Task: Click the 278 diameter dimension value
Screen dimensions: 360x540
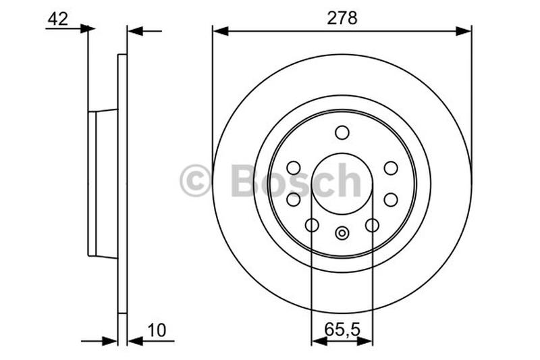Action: coord(342,18)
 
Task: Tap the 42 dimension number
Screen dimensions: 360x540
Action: coord(58,19)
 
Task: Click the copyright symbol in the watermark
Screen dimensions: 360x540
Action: coord(196,182)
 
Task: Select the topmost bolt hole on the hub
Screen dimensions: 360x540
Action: coord(342,132)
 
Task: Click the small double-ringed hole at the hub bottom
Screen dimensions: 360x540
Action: coord(342,233)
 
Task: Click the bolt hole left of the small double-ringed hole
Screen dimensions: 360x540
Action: coord(312,225)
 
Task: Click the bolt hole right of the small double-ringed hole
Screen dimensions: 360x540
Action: coord(372,225)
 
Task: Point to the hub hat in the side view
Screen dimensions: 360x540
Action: coord(101,184)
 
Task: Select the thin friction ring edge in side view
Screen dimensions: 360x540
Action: coord(122,184)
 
